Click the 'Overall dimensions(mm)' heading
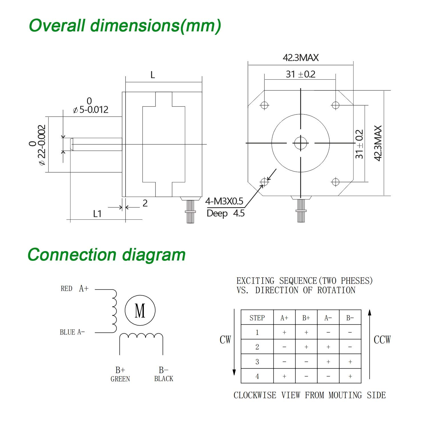click(x=125, y=26)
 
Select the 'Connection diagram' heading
click(x=106, y=255)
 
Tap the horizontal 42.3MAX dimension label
click(x=300, y=58)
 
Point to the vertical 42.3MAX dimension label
click(x=378, y=143)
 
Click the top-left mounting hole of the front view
click(x=265, y=105)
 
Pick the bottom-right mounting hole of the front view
click(x=336, y=181)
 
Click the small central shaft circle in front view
click(x=300, y=143)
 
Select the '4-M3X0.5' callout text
click(x=224, y=201)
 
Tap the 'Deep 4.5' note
click(x=225, y=213)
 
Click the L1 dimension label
click(x=97, y=214)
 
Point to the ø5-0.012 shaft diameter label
click(x=91, y=110)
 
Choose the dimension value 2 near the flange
click(x=145, y=203)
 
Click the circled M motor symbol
click(x=140, y=310)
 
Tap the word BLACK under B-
click(x=163, y=379)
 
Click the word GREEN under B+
click(x=120, y=379)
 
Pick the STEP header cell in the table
click(x=257, y=318)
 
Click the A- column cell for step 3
click(x=328, y=362)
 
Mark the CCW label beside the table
click(x=382, y=340)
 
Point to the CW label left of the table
click(x=225, y=340)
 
